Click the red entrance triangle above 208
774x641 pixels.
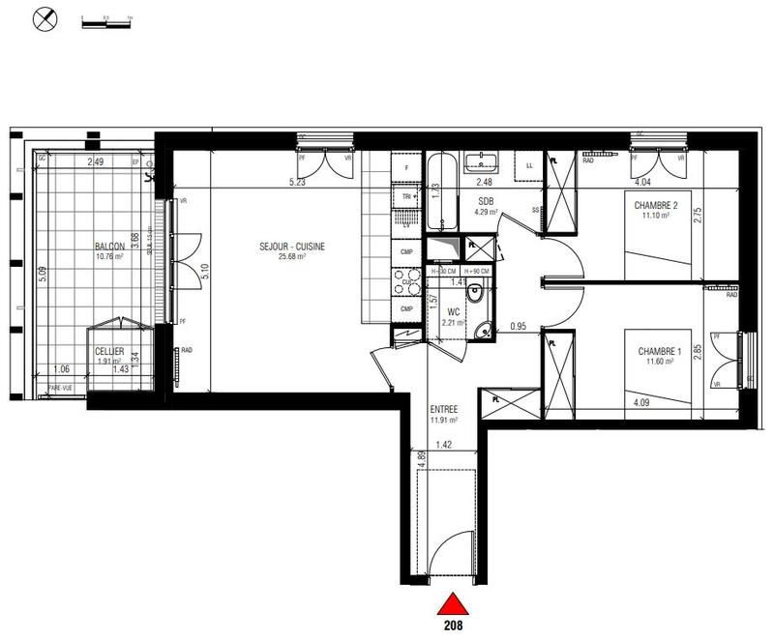[x=449, y=606]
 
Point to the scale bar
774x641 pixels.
[x=105, y=17]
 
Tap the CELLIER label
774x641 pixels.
[x=109, y=351]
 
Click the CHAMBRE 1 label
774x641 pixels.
[x=658, y=351]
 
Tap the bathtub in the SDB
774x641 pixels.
[x=441, y=193]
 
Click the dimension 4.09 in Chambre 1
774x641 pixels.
[x=641, y=402]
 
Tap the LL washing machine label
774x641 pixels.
[x=529, y=164]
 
